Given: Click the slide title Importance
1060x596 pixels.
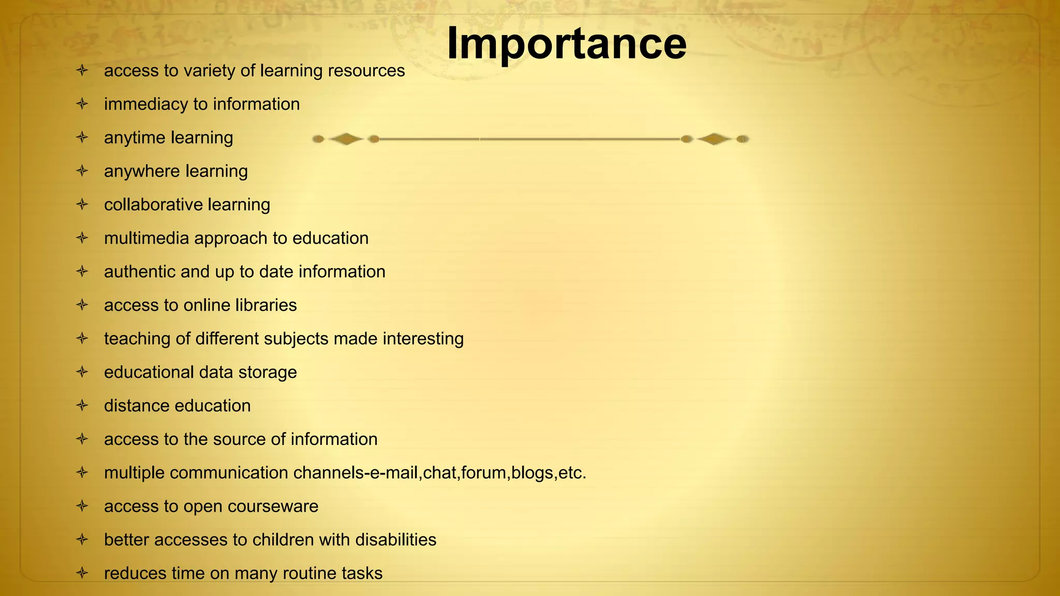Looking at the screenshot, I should [x=566, y=43].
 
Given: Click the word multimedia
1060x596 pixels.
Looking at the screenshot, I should [x=146, y=239].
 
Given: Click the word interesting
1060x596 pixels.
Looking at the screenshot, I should [x=423, y=339].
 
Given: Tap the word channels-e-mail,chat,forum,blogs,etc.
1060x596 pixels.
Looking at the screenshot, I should [x=439, y=473].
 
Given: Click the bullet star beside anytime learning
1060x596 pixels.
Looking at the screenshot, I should [x=82, y=138].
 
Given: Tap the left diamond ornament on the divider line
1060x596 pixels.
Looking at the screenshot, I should [x=346, y=139].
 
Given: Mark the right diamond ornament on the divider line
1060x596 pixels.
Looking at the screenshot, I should [x=714, y=139].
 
